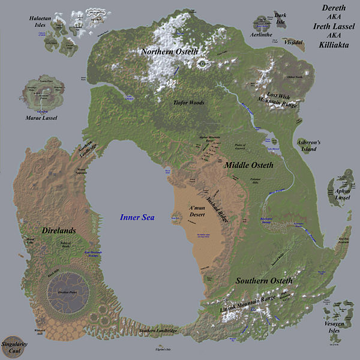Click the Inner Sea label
pos(137,218)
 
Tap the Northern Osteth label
pos(169,52)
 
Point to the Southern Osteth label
pos(264,280)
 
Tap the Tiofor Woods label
pos(188,103)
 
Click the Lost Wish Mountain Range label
pos(282,99)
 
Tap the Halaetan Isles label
pos(43,22)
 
